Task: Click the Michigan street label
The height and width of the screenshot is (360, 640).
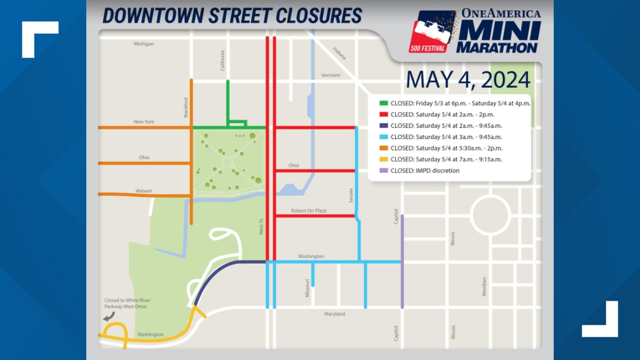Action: [x=144, y=44]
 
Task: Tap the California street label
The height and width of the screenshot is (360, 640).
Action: [x=222, y=61]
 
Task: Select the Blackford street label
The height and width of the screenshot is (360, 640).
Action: [x=186, y=107]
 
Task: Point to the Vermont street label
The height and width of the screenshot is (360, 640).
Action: [x=330, y=75]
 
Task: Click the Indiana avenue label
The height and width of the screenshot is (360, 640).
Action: [x=339, y=53]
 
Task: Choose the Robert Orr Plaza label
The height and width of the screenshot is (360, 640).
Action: [x=308, y=211]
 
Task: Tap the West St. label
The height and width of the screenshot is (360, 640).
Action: [x=261, y=226]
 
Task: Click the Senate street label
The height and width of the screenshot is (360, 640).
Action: [x=351, y=195]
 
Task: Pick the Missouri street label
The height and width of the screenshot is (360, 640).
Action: [x=307, y=288]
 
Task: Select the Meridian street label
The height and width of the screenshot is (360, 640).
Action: [x=484, y=287]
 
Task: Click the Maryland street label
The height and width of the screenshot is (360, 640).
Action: [x=334, y=314]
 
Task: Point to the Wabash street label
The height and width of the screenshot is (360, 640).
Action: [x=144, y=191]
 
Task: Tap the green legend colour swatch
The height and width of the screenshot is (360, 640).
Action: [x=384, y=103]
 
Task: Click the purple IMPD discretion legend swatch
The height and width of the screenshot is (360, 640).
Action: [x=384, y=171]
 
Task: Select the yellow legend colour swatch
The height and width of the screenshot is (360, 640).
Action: [x=384, y=159]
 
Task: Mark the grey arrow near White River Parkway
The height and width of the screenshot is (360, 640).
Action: [x=109, y=317]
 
